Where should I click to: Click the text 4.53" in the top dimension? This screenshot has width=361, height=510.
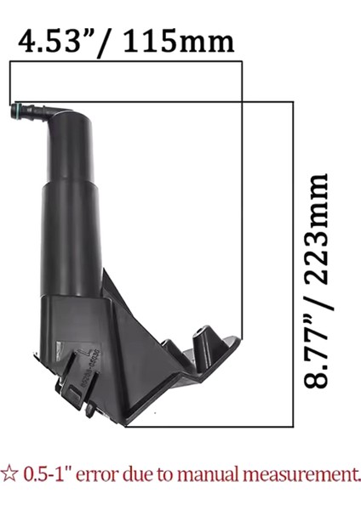[55, 41]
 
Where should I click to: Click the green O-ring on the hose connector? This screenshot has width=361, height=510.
[17, 109]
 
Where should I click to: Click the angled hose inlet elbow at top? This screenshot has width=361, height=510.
[53, 110]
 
